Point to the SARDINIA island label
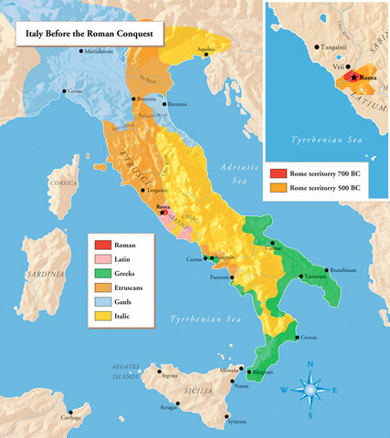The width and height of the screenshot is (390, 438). point(46,273)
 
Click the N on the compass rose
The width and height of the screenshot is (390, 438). point(311,365)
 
